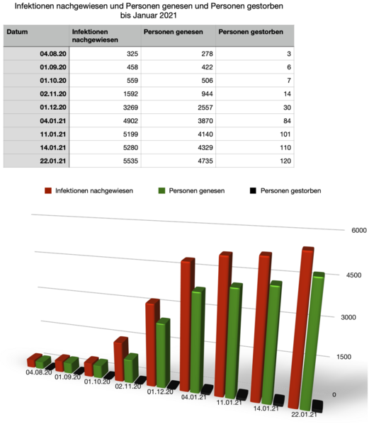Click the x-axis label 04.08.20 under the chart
(38, 371)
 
